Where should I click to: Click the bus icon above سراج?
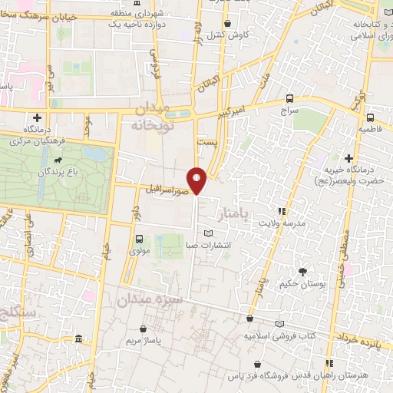[289, 98]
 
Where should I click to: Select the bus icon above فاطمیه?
[370, 117]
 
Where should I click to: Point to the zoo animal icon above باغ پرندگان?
[58, 160]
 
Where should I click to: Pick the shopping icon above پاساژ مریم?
[139, 326]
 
